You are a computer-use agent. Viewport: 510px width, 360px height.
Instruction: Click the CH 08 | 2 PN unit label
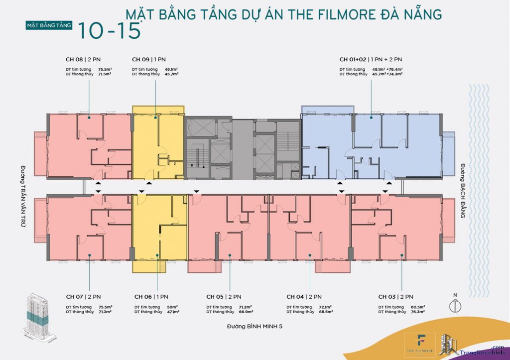[82, 59]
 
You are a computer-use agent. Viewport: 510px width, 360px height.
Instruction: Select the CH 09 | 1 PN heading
[148, 59]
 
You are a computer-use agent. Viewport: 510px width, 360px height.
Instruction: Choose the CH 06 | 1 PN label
[151, 297]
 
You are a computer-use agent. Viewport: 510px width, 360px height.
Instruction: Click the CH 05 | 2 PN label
[224, 297]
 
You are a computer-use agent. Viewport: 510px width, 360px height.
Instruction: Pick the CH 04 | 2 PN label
[304, 297]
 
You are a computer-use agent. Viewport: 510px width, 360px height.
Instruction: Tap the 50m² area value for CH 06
[172, 307]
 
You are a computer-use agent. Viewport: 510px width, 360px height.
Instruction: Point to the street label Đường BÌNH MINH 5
[257, 327]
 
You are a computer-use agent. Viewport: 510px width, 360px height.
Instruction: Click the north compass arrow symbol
[455, 304]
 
